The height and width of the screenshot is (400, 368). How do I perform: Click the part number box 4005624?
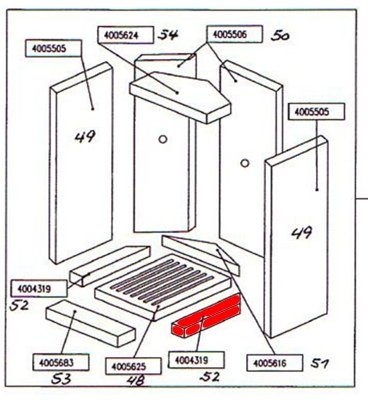[126, 35]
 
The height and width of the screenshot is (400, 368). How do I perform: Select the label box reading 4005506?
[234, 34]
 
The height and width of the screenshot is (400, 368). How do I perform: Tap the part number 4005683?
[61, 362]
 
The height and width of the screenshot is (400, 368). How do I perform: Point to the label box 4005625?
[133, 366]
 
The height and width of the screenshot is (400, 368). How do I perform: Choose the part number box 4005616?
[275, 363]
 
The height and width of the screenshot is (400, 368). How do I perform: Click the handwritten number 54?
[168, 35]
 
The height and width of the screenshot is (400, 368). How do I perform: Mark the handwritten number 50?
[280, 36]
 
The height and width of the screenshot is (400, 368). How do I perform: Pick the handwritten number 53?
[61, 379]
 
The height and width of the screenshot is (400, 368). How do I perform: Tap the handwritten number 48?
[136, 381]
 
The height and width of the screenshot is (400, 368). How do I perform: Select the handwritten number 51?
[320, 363]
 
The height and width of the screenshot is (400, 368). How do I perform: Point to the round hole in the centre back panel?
[163, 139]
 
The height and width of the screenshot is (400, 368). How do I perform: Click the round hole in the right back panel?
[245, 163]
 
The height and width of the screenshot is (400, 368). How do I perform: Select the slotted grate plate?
[163, 286]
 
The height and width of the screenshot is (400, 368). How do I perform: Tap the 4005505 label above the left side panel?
[53, 48]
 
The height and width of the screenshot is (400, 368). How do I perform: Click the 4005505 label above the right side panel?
[316, 112]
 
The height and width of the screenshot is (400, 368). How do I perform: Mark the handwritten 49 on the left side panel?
[85, 136]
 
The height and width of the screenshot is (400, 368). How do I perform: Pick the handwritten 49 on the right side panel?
[302, 232]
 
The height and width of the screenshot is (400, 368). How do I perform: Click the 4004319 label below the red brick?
[196, 360]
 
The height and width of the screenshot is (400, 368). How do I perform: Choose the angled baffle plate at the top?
[180, 97]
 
